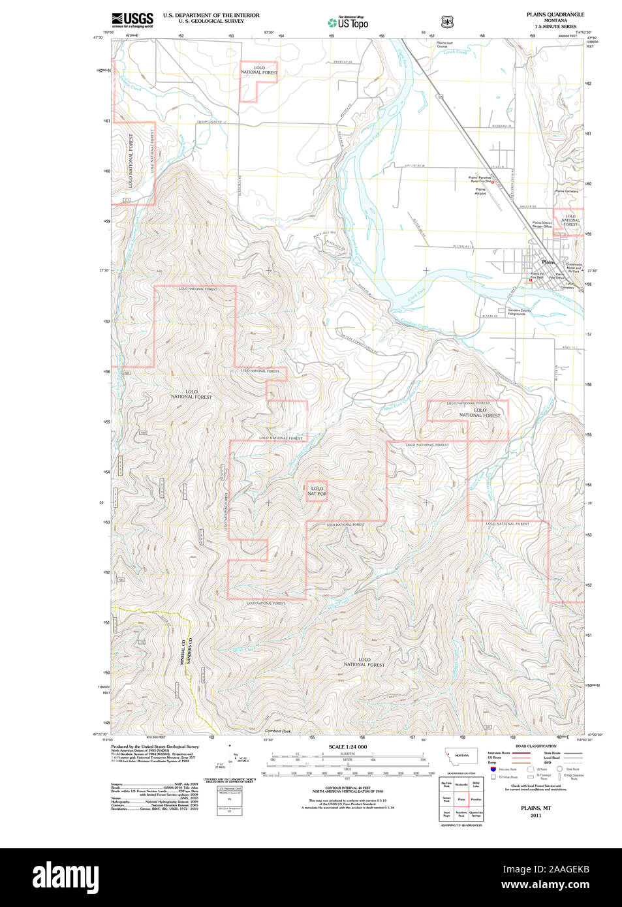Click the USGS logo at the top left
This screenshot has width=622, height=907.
132,20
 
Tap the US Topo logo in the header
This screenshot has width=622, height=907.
348,23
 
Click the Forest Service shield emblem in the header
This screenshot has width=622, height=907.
447,22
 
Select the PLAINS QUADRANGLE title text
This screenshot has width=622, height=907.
555,14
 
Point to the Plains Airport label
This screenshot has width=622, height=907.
480,191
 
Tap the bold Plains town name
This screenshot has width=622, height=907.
548,262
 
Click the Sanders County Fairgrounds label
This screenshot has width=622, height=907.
516,312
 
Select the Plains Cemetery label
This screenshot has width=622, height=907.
567,191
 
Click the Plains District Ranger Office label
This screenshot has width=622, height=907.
542,224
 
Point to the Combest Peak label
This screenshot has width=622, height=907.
277,731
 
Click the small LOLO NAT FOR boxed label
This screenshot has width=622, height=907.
317,491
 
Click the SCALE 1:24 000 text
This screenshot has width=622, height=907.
347,746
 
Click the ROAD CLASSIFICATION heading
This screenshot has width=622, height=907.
536,746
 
